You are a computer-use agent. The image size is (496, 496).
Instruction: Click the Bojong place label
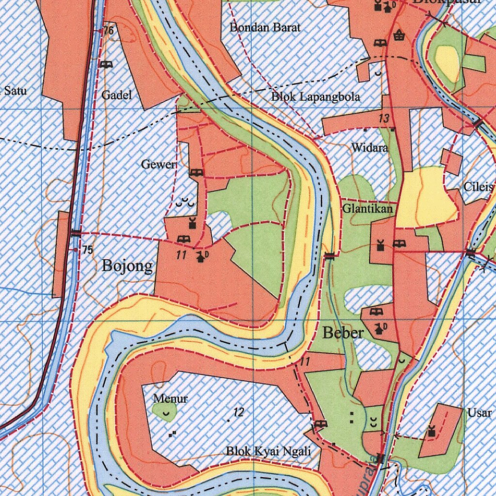tap(127, 266)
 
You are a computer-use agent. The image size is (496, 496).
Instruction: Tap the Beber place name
tap(343, 333)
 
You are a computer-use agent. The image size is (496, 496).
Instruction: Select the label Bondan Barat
tap(265, 28)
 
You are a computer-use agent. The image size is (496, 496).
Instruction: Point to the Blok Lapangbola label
tap(315, 97)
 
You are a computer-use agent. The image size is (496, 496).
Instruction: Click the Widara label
tap(370, 148)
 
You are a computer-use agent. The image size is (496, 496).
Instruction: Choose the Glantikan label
tap(368, 209)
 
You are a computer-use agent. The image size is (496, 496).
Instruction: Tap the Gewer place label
tap(158, 165)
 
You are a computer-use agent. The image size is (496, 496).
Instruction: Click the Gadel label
tap(116, 95)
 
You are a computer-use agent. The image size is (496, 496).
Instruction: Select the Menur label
tap(170, 399)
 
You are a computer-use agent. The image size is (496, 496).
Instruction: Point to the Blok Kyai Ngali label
tap(268, 451)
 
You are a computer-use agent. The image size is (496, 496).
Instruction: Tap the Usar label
tap(480, 413)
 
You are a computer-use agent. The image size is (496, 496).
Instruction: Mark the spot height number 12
tap(238, 413)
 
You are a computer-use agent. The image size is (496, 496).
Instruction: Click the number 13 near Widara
tap(384, 118)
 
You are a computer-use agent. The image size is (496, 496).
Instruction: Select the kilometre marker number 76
tap(108, 31)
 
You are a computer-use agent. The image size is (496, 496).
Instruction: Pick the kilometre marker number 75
tap(87, 250)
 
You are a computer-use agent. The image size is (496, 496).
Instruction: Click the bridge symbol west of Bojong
tap(76, 233)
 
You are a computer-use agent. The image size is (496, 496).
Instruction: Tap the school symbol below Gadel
tap(106, 64)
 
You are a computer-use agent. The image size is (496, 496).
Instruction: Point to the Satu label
tap(15, 91)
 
